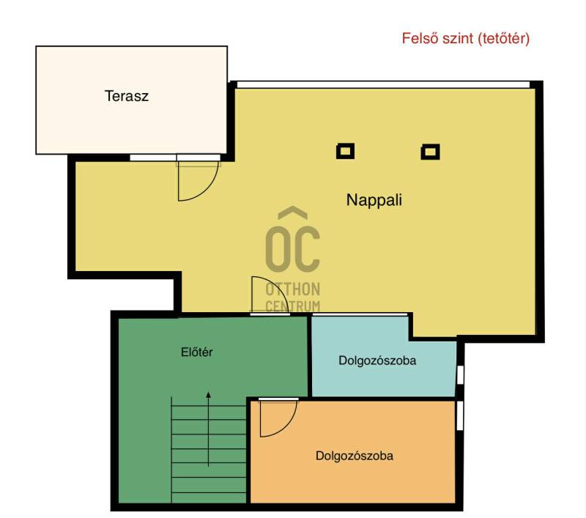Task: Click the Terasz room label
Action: click(x=126, y=96)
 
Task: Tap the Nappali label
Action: click(x=374, y=200)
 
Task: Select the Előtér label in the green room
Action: click(x=197, y=352)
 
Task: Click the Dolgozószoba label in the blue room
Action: click(x=377, y=360)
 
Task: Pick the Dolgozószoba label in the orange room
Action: click(x=355, y=456)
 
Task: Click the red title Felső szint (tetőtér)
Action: click(x=466, y=38)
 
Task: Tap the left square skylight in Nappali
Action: click(x=345, y=152)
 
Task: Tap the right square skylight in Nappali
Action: click(x=430, y=152)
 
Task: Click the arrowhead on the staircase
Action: click(x=209, y=394)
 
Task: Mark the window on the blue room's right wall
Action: click(x=460, y=375)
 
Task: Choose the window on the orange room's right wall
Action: click(x=460, y=415)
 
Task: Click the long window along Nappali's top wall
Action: click(x=383, y=84)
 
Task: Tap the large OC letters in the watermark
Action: click(x=292, y=248)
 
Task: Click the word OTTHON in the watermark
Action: click(x=292, y=289)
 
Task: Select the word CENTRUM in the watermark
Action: click(x=292, y=306)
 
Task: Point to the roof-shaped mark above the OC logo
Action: click(x=293, y=212)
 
